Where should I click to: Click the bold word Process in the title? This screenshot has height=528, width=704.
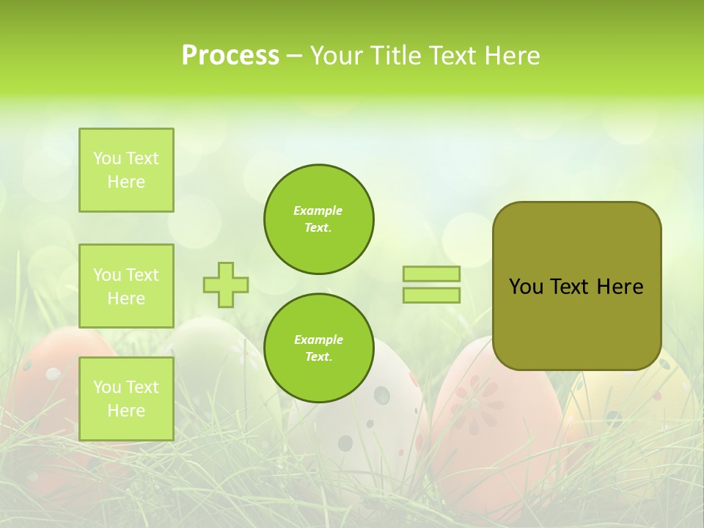coord(230,56)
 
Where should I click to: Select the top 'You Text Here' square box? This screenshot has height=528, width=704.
coord(126,170)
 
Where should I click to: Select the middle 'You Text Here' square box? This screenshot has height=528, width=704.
coord(126,286)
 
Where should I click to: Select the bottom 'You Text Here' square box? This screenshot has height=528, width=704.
coord(126,398)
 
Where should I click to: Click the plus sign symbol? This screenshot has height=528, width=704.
coord(226,285)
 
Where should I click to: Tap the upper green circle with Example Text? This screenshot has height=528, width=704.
coord(318,219)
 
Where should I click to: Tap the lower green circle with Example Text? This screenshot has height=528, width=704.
coord(318,348)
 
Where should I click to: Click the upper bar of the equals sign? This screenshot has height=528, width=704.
coord(431,274)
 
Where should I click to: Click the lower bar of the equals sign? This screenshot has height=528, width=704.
coord(431,295)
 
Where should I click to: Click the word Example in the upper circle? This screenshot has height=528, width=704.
coord(318,210)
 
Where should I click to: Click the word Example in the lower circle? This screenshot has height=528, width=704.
coord(318,340)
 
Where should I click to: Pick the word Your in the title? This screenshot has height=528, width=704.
coord(335,56)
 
